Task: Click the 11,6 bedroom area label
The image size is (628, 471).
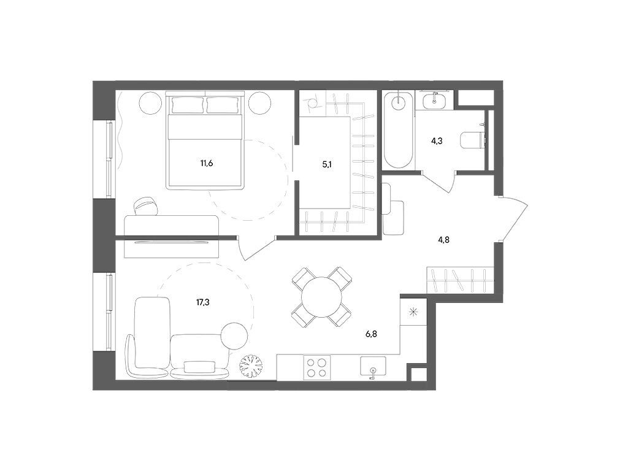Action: pyautogui.click(x=206, y=163)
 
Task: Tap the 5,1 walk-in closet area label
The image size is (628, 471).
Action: pyautogui.click(x=327, y=164)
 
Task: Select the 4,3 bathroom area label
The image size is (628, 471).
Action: pyautogui.click(x=437, y=141)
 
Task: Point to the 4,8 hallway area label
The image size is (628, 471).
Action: pyautogui.click(x=443, y=240)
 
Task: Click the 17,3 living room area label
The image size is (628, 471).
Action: pyautogui.click(x=202, y=302)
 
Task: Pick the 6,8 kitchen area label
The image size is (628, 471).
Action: pyautogui.click(x=371, y=334)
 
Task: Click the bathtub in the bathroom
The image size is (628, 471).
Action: pyautogui.click(x=399, y=130)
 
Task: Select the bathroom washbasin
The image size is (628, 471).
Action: pyautogui.click(x=435, y=100)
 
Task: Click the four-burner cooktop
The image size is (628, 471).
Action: pyautogui.click(x=317, y=368)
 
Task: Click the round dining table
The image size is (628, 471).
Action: pyautogui.click(x=321, y=296)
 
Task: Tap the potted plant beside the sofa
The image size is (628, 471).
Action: pyautogui.click(x=251, y=366)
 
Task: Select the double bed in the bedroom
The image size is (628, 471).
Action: pyautogui.click(x=205, y=140)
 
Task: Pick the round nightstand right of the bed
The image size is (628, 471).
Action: pyautogui.click(x=260, y=103)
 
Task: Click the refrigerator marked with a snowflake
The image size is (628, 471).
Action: pyautogui.click(x=414, y=312)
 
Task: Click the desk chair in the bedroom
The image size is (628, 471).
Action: pyautogui.click(x=147, y=207)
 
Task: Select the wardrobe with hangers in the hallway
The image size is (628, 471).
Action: pyautogui.click(x=459, y=279)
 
